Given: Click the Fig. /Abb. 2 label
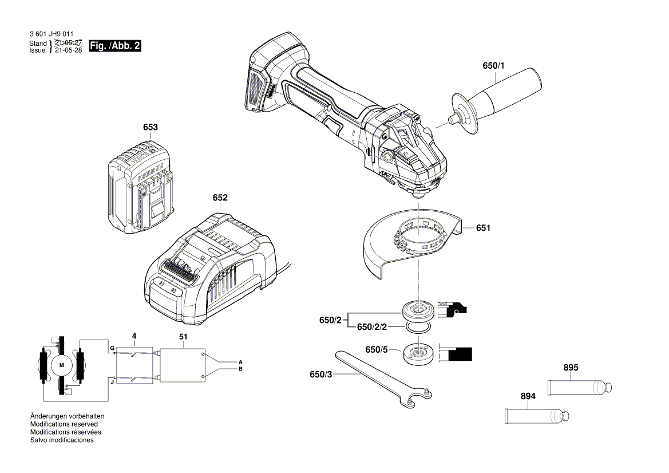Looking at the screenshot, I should [x=115, y=46].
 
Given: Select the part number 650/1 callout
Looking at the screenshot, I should [x=493, y=66].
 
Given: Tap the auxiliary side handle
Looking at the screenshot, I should [x=497, y=100].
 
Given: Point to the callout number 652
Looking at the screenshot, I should [x=220, y=198].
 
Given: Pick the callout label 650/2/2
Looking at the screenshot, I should [x=372, y=327].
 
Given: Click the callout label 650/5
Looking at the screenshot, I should [x=377, y=349].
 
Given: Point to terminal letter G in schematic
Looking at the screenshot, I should [x=112, y=348].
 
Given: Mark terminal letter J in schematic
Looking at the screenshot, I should [x=112, y=382].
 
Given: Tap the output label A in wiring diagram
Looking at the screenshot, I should [x=240, y=362].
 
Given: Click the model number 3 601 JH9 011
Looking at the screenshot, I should [x=51, y=34].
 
